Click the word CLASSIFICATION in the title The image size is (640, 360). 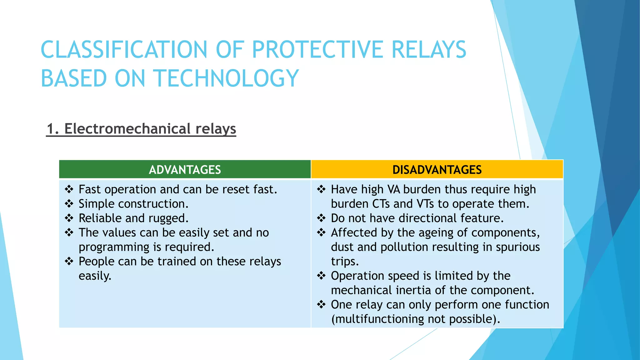(x=124, y=50)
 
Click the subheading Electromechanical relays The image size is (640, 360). (x=141, y=129)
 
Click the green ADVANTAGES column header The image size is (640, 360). (x=185, y=170)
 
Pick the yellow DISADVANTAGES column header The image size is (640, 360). (x=437, y=170)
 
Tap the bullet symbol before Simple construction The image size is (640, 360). (x=69, y=204)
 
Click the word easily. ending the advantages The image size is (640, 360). (x=95, y=276)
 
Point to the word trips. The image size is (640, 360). (x=345, y=262)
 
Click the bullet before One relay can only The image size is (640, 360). (x=321, y=304)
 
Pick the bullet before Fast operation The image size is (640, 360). (x=69, y=189)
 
